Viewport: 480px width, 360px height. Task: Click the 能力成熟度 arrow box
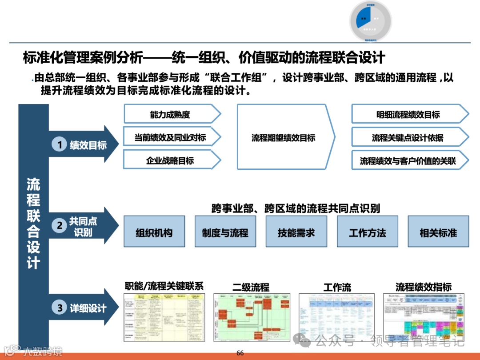pyautogui.click(x=171, y=115)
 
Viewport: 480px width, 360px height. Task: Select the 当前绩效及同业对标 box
pyautogui.click(x=171, y=137)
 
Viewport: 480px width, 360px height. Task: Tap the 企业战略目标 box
pyautogui.click(x=171, y=160)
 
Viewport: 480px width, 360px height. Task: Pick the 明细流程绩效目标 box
pyautogui.click(x=408, y=115)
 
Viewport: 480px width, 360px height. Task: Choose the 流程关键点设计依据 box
pyautogui.click(x=408, y=138)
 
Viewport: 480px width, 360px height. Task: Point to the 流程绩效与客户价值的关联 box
pyautogui.click(x=408, y=161)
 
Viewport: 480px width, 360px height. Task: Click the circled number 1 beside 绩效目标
pyautogui.click(x=60, y=144)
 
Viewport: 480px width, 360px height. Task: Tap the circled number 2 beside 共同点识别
pyautogui.click(x=60, y=226)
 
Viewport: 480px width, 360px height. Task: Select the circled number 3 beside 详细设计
pyautogui.click(x=60, y=308)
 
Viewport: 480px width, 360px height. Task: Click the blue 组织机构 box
pyautogui.click(x=154, y=232)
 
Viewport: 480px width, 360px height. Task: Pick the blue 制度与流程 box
pyautogui.click(x=225, y=232)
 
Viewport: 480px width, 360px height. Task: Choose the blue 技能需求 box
pyautogui.click(x=296, y=232)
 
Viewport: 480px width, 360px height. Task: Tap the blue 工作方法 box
pyautogui.click(x=367, y=232)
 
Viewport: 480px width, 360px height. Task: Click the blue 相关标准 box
pyautogui.click(x=438, y=232)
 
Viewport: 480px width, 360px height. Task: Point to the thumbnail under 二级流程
pyautogui.click(x=252, y=317)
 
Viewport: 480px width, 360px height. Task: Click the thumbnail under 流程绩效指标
pyautogui.click(x=423, y=317)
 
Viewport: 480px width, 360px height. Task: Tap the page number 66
pyautogui.click(x=240, y=353)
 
